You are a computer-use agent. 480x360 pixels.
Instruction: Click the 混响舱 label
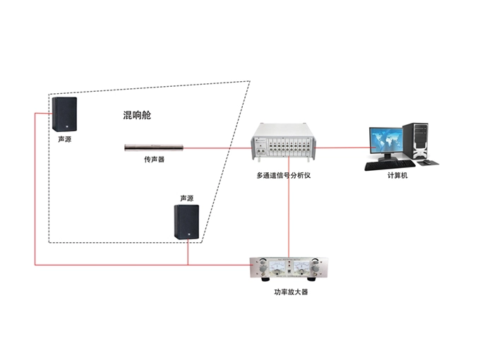(137, 115)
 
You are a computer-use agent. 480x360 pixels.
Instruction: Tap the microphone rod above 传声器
(154, 148)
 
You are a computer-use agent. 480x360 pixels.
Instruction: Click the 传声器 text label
(154, 160)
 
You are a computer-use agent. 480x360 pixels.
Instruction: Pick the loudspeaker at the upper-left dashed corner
(64, 114)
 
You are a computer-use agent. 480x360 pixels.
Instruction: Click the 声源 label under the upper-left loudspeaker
(64, 140)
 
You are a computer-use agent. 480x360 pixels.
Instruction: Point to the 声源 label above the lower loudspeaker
(187, 198)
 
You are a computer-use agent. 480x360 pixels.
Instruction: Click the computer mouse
(426, 163)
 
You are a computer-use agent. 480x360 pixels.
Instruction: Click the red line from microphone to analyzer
(219, 148)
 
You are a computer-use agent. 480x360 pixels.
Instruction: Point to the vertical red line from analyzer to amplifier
(289, 212)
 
